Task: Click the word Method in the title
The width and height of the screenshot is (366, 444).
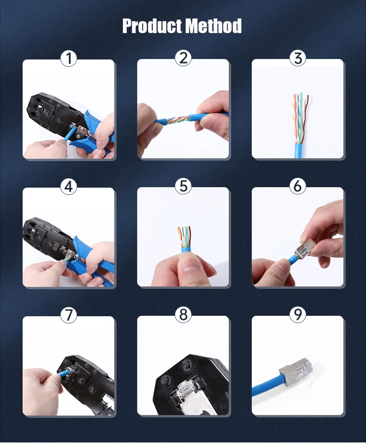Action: pyautogui.click(x=213, y=26)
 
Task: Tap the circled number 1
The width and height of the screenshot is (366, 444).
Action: pyautogui.click(x=69, y=59)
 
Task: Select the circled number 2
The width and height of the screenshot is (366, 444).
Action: pyautogui.click(x=183, y=58)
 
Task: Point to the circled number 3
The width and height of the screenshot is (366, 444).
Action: pyautogui.click(x=297, y=58)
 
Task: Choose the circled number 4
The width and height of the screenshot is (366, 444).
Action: pyautogui.click(x=69, y=187)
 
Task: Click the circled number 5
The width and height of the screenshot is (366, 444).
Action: pyautogui.click(x=183, y=187)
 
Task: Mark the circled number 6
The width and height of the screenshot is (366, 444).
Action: pyautogui.click(x=297, y=187)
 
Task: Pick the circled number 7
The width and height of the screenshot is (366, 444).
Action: pyautogui.click(x=69, y=315)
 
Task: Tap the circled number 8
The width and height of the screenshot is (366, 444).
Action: pyautogui.click(x=183, y=315)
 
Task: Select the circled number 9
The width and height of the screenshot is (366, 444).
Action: pyautogui.click(x=297, y=315)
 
